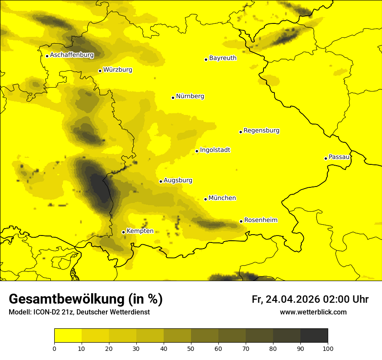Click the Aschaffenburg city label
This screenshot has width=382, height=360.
point(72,55)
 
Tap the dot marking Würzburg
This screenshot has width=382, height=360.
point(100,71)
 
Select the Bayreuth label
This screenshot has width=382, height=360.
point(223,58)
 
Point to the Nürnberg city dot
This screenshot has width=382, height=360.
point(173,98)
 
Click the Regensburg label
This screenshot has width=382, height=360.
point(261,131)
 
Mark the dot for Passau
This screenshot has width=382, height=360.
point(326,158)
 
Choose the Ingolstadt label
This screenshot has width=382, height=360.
point(215,150)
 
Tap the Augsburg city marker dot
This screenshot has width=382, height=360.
point(161,182)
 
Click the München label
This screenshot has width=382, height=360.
point(222,198)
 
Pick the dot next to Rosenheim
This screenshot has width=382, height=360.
point(241,222)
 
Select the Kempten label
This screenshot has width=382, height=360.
point(140,231)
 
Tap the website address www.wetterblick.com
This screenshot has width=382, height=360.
point(313,312)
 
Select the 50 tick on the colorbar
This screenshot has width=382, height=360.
point(191,348)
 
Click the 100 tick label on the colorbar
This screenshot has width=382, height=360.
point(328,348)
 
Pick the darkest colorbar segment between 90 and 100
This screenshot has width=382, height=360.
point(314,336)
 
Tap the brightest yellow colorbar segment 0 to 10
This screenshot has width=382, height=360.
point(68,336)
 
